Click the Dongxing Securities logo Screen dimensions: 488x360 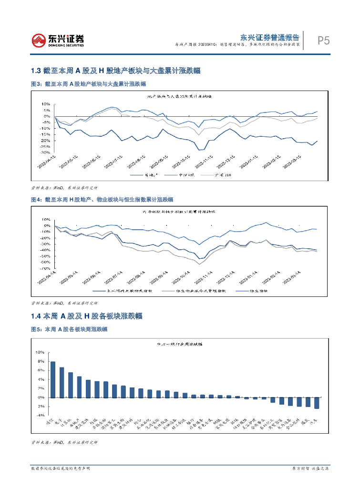pyautogui.click(x=58, y=41)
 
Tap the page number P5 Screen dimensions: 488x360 pyautogui.click(x=324, y=41)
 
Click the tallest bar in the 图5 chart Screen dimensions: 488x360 pyautogui.click(x=53, y=379)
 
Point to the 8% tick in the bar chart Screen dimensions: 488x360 pyautogui.click(x=40, y=361)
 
